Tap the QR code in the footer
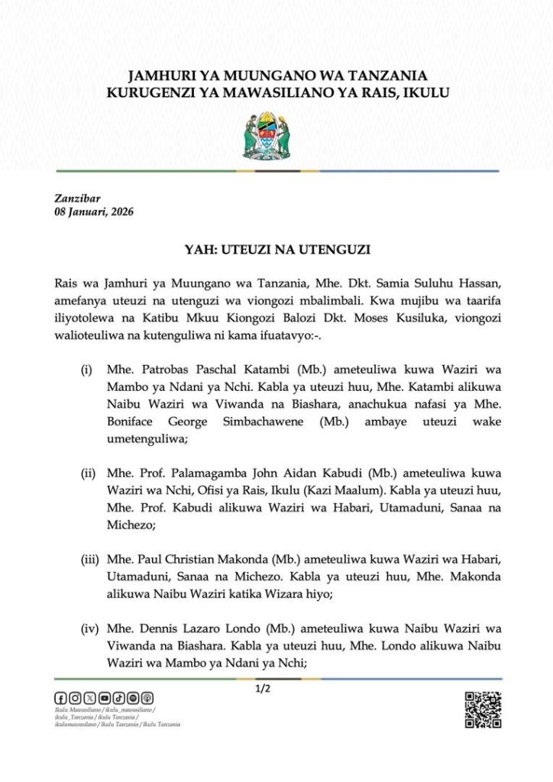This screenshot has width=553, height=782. point(483,709)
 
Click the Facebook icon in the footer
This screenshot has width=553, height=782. point(60,698)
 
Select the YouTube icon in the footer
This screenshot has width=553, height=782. point(105,698)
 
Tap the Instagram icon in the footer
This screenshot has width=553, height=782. point(75,698)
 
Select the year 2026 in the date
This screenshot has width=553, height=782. point(121,212)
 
